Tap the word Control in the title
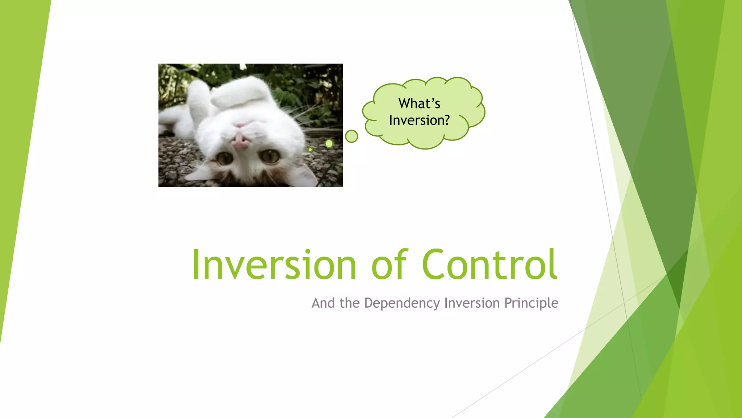pos(489,265)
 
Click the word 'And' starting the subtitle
pos(323,303)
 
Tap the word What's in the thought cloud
pos(419,103)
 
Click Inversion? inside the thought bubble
pos(419,120)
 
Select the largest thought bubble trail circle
pos(351,136)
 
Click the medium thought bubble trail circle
pos(329,143)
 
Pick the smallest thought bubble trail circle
pos(310,149)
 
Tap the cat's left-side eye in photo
pos(224,158)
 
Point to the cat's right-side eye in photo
pos(270,156)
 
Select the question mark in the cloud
pos(446,120)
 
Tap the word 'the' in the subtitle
pos(349,303)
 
